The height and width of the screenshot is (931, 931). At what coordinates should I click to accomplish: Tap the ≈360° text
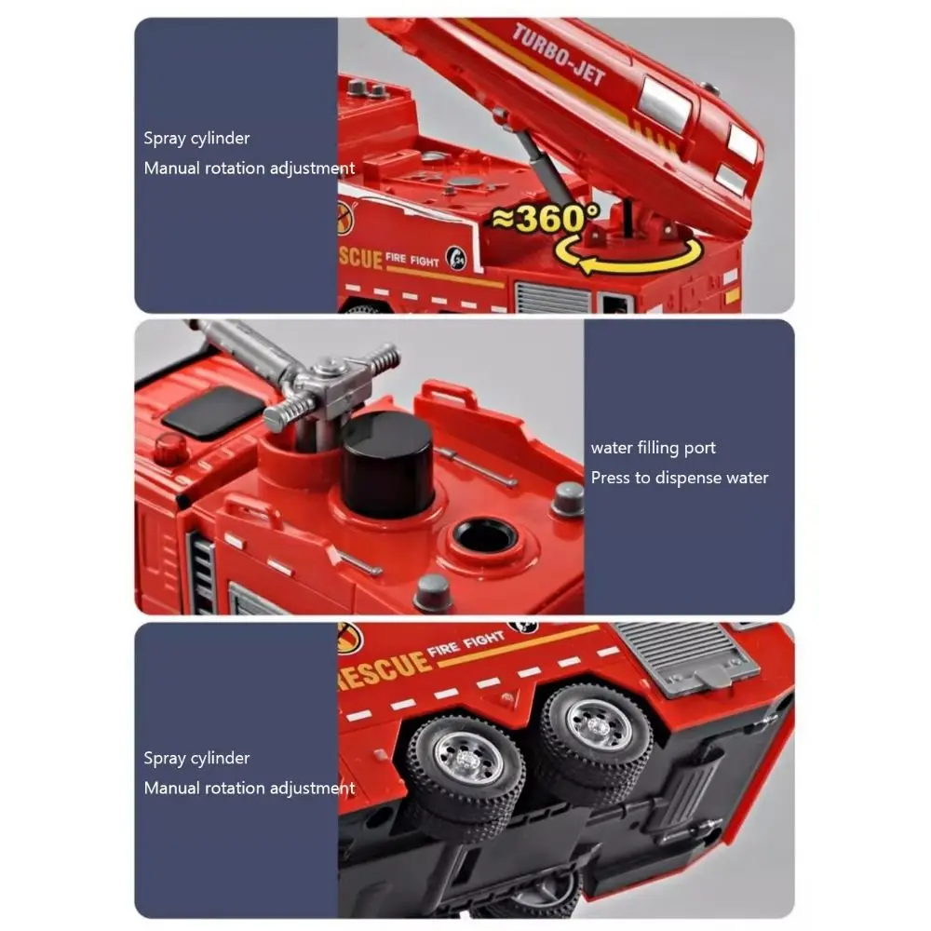(545, 220)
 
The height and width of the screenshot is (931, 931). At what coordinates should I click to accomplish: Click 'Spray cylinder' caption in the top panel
(196, 139)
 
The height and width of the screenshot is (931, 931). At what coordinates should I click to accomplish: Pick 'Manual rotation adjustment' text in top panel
(249, 169)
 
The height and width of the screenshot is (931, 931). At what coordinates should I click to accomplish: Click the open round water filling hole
(483, 535)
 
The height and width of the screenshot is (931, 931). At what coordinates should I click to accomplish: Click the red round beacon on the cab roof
(169, 449)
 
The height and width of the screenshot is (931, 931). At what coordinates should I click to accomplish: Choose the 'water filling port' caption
(654, 448)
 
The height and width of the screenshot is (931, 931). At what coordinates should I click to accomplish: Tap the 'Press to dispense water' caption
(680, 478)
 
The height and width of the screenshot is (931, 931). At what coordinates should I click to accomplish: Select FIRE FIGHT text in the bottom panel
(465, 645)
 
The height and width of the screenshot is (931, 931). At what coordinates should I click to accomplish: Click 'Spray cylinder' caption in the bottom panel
(196, 758)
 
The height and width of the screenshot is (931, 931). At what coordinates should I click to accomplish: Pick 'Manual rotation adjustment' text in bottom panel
(249, 788)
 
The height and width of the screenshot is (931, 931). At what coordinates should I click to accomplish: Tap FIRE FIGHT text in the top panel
(412, 261)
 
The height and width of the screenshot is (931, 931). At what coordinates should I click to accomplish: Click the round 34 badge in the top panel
(455, 255)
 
